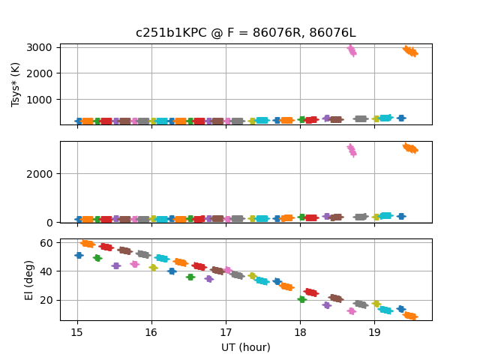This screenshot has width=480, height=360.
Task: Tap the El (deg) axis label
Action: click(30, 279)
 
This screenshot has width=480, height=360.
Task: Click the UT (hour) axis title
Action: click(245, 347)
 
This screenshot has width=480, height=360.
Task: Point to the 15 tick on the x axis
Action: click(77, 332)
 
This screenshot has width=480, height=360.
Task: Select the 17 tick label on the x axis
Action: click(226, 332)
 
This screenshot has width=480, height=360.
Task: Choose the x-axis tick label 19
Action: click(375, 332)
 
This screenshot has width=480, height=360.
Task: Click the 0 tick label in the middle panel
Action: click(49, 222)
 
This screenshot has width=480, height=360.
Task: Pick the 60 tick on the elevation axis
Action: click(46, 243)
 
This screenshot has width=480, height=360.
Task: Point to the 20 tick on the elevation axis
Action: click(46, 300)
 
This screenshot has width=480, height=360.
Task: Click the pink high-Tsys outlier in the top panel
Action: click(352, 51)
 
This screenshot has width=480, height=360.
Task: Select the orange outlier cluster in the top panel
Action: click(410, 51)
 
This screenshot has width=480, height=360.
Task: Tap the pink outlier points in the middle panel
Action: click(352, 150)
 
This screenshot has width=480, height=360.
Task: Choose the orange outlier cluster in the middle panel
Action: click(410, 148)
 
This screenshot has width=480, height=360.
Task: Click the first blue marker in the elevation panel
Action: click(79, 255)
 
